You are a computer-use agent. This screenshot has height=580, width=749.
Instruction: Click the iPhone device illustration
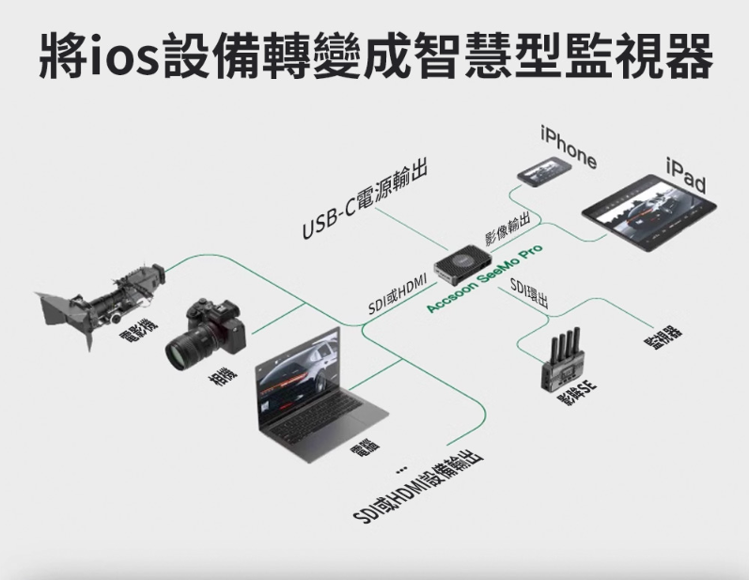pyautogui.click(x=544, y=169)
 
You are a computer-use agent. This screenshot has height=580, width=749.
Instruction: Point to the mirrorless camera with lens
pyautogui.click(x=204, y=334)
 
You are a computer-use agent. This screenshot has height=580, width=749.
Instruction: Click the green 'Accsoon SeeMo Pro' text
pyautogui.click(x=484, y=280)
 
